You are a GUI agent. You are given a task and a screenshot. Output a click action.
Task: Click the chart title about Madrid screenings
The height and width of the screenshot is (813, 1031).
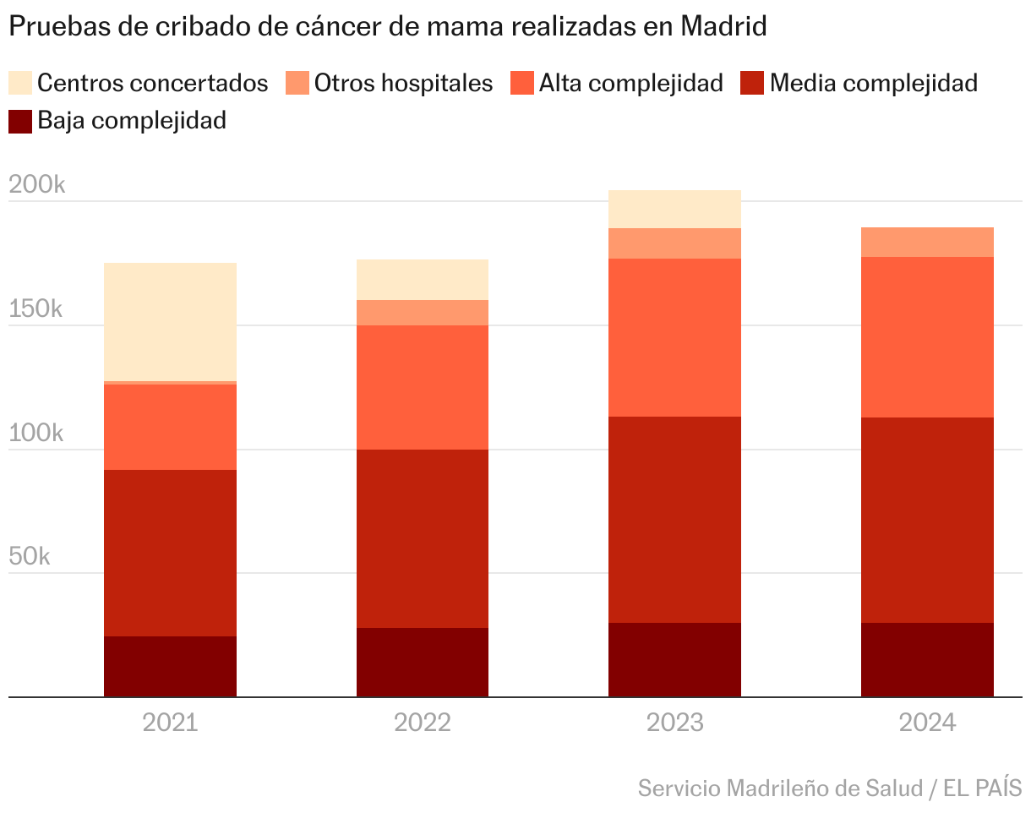pyautogui.click(x=387, y=27)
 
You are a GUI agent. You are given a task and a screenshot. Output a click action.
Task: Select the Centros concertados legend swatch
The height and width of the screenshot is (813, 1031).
pyautogui.click(x=20, y=83)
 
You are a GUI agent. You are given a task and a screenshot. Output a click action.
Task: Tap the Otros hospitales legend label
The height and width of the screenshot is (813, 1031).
pyautogui.click(x=403, y=83)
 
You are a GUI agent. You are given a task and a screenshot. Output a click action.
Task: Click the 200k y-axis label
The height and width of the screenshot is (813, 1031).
pyautogui.click(x=35, y=185)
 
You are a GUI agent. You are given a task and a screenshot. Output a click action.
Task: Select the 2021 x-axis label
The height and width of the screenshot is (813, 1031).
pyautogui.click(x=170, y=723)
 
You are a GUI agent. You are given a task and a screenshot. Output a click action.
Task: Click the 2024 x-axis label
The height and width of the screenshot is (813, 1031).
pyautogui.click(x=927, y=723)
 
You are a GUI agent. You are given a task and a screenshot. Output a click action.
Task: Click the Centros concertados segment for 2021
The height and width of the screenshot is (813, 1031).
pyautogui.click(x=170, y=322)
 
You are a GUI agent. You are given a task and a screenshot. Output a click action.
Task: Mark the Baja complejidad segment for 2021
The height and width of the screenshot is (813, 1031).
pyautogui.click(x=170, y=667)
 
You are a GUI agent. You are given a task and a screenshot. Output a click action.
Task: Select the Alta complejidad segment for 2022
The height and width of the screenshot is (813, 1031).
pyautogui.click(x=423, y=387)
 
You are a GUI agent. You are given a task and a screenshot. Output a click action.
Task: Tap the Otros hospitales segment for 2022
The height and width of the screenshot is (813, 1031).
pyautogui.click(x=423, y=313)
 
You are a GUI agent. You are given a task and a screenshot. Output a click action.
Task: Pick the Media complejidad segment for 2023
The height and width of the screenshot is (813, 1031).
pyautogui.click(x=674, y=520)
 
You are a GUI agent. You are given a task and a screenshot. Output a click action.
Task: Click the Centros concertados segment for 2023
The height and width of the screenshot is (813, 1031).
pyautogui.click(x=674, y=209)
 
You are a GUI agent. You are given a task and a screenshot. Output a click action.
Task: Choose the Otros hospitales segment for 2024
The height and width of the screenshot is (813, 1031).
pyautogui.click(x=927, y=242)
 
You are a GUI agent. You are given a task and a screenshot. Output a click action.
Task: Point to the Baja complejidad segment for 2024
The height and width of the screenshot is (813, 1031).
pyautogui.click(x=927, y=660)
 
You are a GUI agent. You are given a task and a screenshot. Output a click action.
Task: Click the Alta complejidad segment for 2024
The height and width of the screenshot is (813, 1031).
pyautogui.click(x=927, y=337)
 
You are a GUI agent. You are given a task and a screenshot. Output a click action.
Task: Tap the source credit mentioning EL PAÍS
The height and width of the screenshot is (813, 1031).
pyautogui.click(x=829, y=788)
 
